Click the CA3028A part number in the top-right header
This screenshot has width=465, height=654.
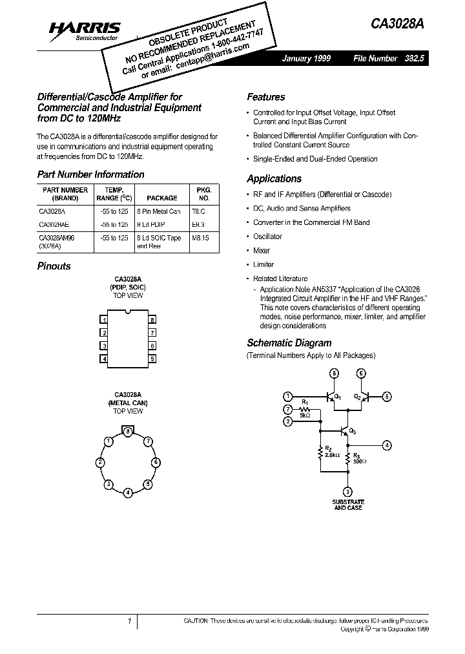(397, 25)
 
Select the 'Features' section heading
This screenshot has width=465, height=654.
(265, 97)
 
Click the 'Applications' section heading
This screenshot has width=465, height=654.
(274, 179)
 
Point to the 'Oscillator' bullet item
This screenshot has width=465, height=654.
(267, 237)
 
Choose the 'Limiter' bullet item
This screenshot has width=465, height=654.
(263, 264)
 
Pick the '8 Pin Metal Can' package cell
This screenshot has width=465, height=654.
(158, 211)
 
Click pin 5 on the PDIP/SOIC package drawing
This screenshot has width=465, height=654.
(152, 359)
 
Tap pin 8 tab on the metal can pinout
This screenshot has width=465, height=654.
(129, 430)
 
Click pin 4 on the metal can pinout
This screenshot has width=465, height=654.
(129, 493)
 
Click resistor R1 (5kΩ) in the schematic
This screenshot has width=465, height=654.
(305, 410)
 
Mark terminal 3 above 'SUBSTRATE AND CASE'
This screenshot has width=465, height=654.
(348, 492)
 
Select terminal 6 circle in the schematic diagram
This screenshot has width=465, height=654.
(361, 374)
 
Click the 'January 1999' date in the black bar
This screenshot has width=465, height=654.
(306, 58)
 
